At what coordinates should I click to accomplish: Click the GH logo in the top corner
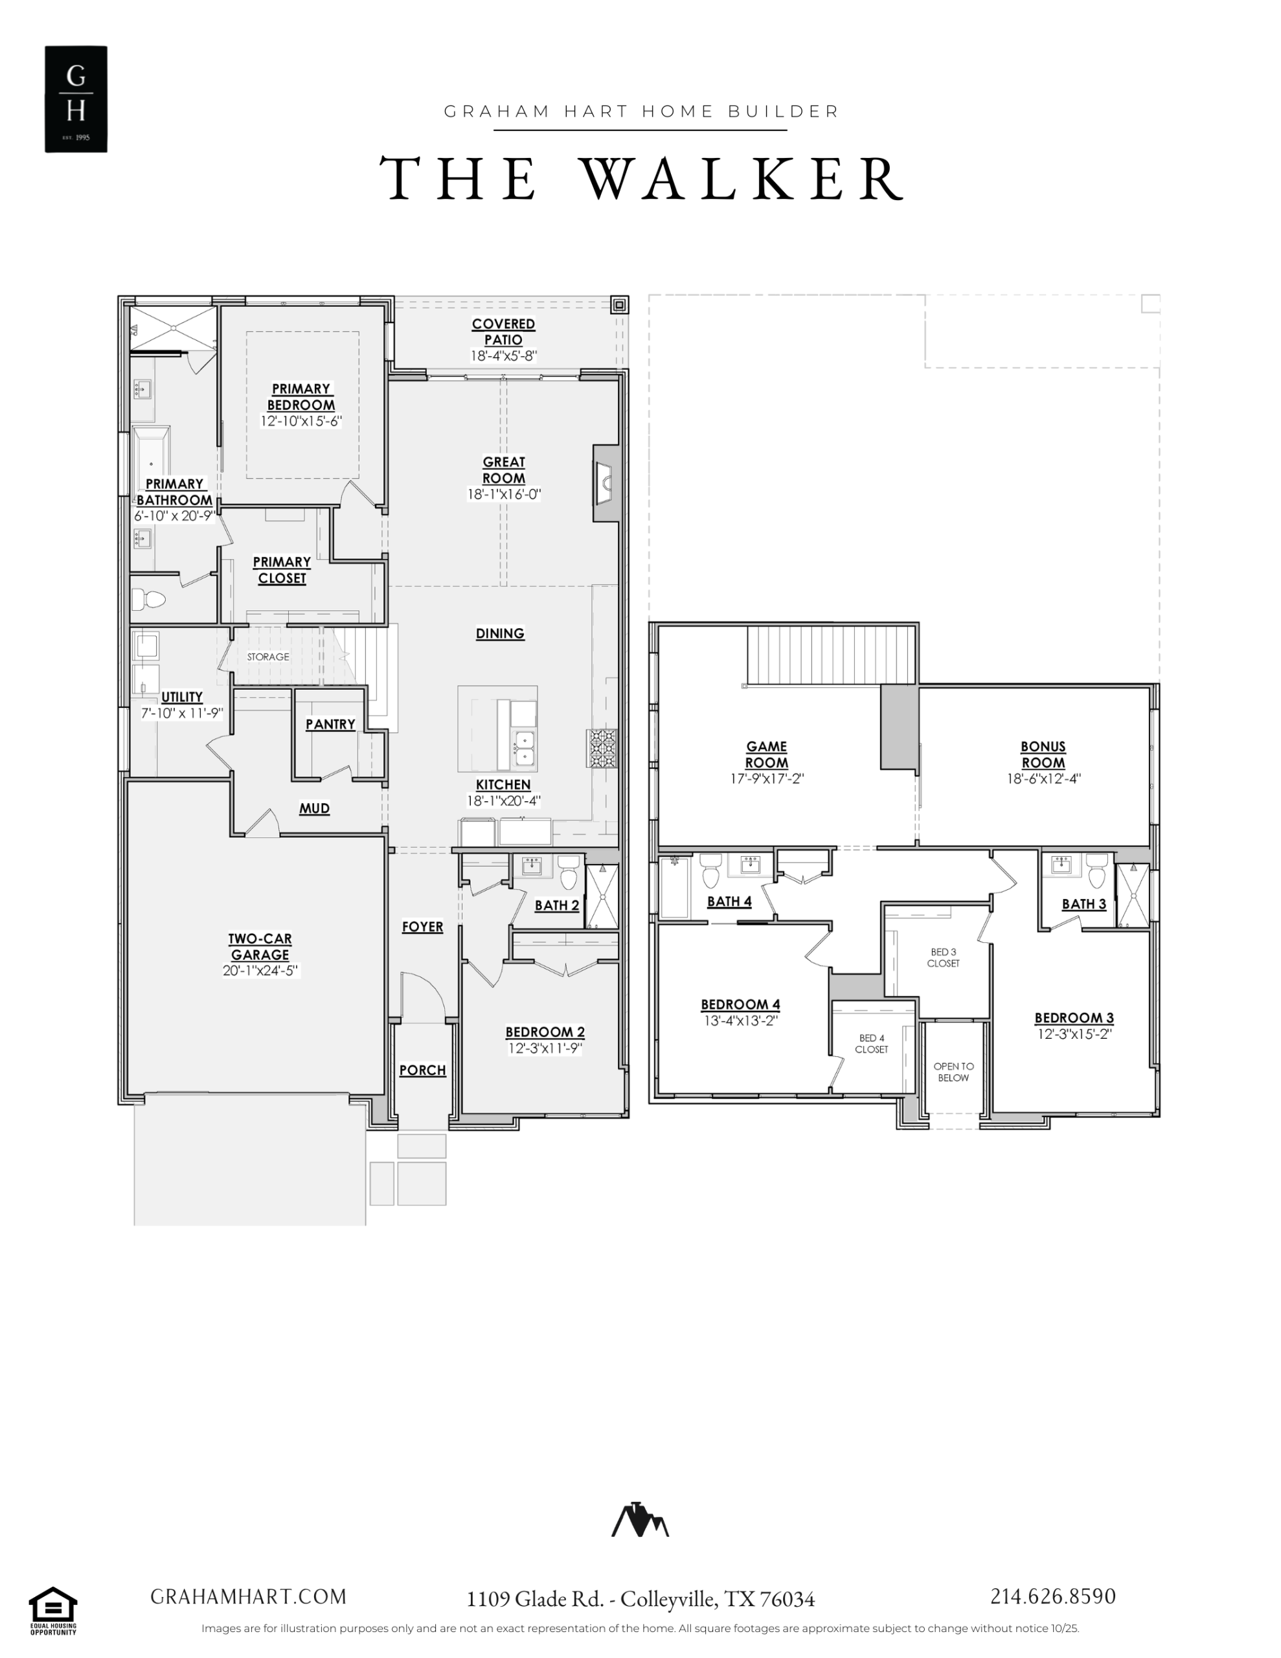click(x=76, y=98)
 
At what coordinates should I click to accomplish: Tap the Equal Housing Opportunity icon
click(x=53, y=1610)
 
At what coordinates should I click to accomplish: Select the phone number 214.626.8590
click(x=1052, y=1596)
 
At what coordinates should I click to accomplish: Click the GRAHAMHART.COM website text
click(x=248, y=1596)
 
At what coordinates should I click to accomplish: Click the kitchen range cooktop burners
click(x=602, y=748)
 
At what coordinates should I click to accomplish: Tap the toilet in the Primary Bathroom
click(x=148, y=600)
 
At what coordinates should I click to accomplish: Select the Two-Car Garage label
click(x=260, y=947)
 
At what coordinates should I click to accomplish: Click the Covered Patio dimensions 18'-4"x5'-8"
click(x=503, y=356)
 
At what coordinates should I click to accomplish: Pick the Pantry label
click(x=330, y=724)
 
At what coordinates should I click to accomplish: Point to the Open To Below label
click(x=954, y=1072)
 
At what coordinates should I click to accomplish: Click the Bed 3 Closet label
click(x=943, y=957)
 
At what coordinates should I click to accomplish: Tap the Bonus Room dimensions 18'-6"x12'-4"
click(x=1043, y=778)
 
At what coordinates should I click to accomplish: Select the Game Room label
click(x=767, y=755)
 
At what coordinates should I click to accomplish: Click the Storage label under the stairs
click(x=268, y=657)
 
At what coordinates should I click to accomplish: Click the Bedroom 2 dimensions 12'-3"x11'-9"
click(x=545, y=1048)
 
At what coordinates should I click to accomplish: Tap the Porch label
click(x=423, y=1070)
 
